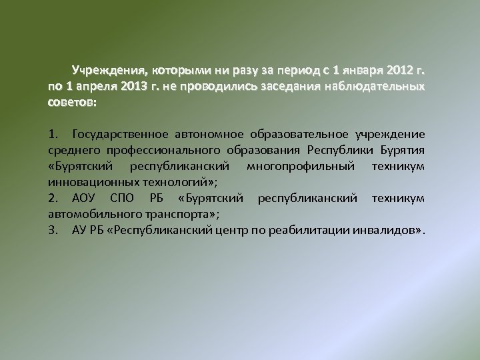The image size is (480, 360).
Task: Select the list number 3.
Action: tap(52, 231)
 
